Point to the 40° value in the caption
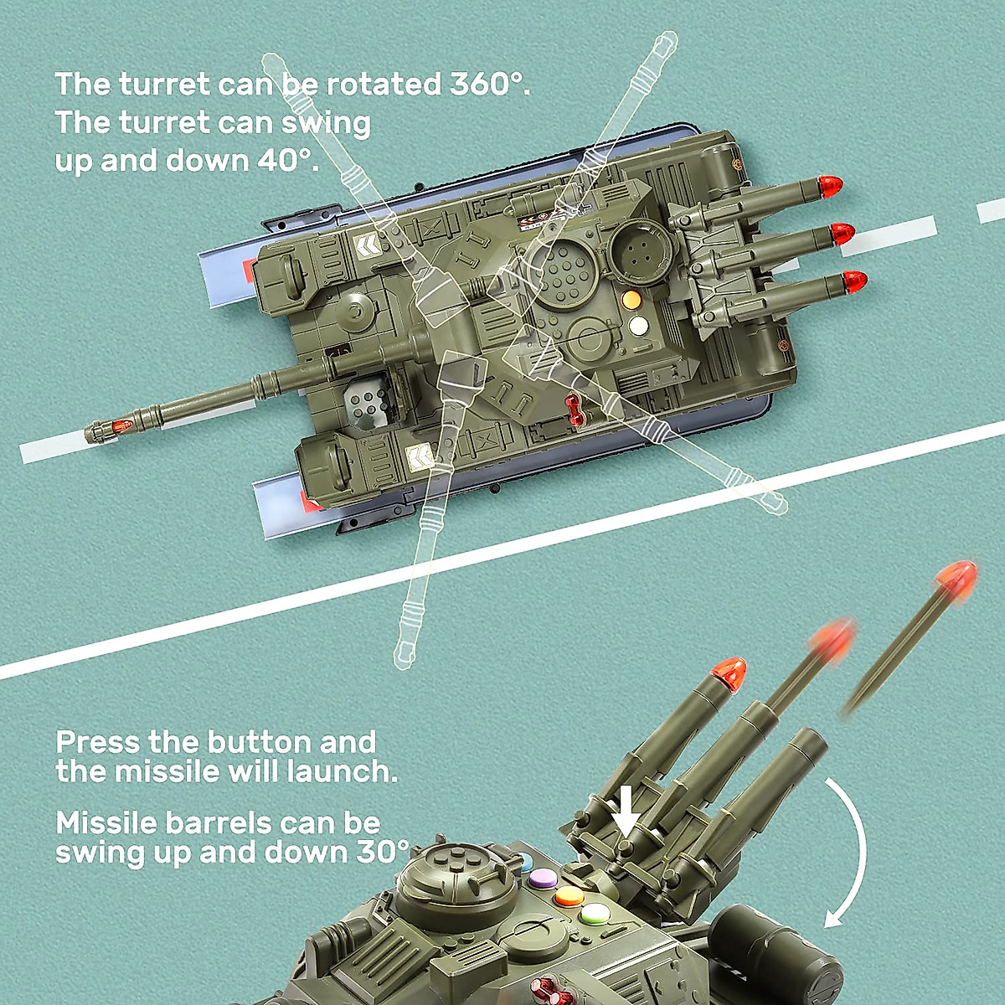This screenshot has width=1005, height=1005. coord(287,160)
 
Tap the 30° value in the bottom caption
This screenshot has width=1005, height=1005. coord(383,853)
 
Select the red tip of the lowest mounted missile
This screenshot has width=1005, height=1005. coord(854,281)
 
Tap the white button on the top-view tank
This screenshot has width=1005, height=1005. coord(638,324)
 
